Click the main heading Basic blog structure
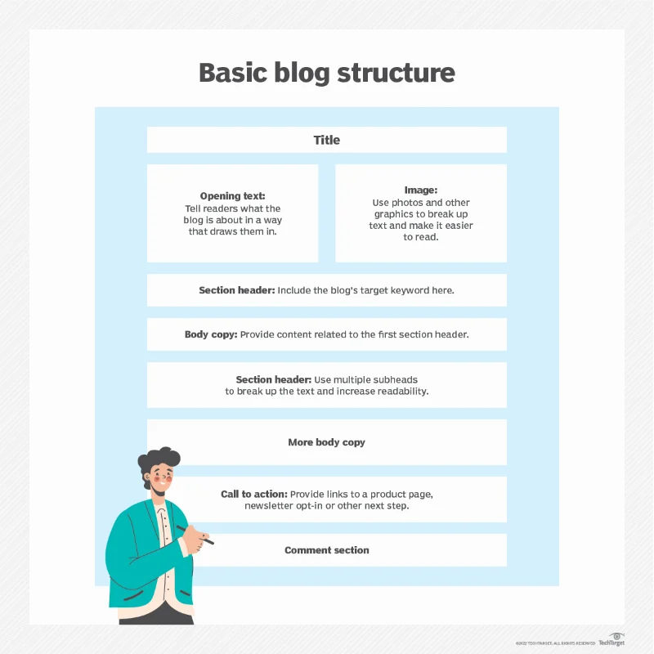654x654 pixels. point(327,72)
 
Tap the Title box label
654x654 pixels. point(327,140)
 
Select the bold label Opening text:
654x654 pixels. point(232,196)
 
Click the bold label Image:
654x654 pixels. point(421,190)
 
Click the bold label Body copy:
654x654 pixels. point(209,334)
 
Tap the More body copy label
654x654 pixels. point(327,442)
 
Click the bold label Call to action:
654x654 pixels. point(253,494)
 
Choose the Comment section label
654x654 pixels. point(327,550)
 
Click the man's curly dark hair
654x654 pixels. point(159,462)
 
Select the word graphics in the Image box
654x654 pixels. point(396,214)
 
